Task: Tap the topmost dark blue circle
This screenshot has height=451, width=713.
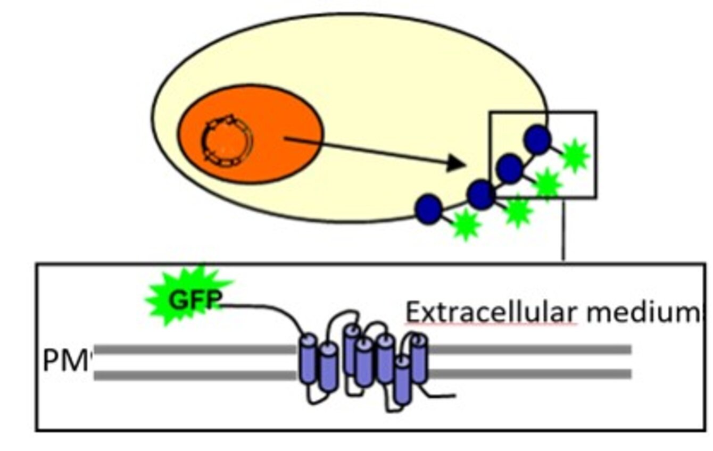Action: coord(537,139)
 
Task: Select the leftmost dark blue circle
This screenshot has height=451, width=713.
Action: coord(428,209)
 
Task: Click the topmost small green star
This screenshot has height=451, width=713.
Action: coord(575,155)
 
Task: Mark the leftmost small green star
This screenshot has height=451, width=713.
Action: coord(466,224)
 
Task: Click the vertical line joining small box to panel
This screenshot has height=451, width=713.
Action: coord(563,229)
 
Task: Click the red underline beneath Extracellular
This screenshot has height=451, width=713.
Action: coord(491,323)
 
